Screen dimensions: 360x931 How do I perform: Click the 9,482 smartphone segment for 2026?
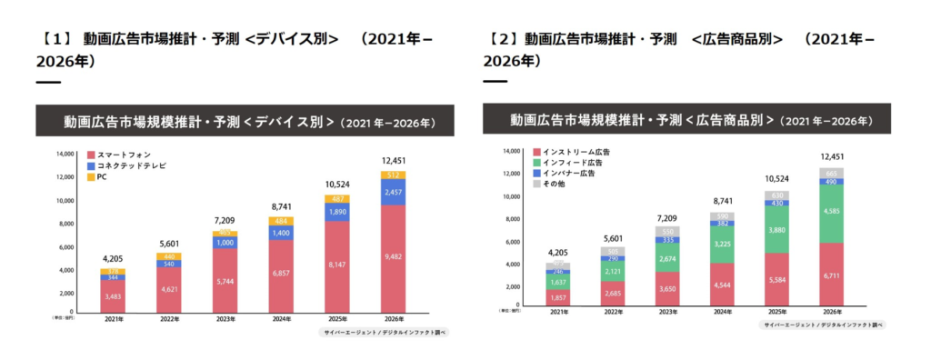pos(393,256)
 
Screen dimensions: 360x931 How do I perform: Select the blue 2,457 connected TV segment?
pos(393,193)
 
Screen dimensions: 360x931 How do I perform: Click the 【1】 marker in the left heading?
pos(55,39)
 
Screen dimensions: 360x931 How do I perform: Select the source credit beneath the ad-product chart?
pos(823,325)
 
